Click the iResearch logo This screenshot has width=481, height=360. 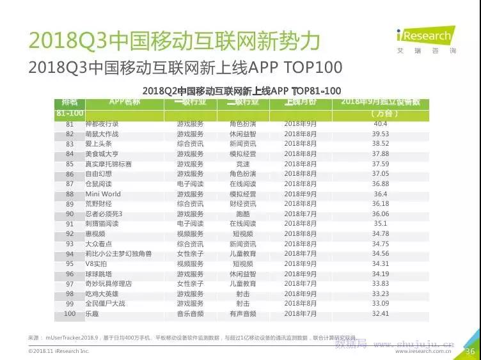click(424, 39)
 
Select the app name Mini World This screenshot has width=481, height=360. click(102, 194)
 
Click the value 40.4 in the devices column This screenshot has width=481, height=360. click(381, 123)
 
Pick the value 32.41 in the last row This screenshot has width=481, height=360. click(381, 314)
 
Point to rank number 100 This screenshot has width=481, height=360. click(69, 314)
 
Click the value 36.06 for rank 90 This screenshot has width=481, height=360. click(381, 214)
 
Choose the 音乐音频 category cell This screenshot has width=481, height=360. click(190, 314)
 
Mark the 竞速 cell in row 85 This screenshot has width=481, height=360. click(243, 164)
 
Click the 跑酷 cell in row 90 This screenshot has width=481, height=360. click(243, 214)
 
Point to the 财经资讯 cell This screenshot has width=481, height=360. click(243, 204)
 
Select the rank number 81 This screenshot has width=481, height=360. click(70, 123)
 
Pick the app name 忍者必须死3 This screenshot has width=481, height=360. click(104, 214)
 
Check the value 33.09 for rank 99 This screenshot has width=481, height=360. click(381, 304)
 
